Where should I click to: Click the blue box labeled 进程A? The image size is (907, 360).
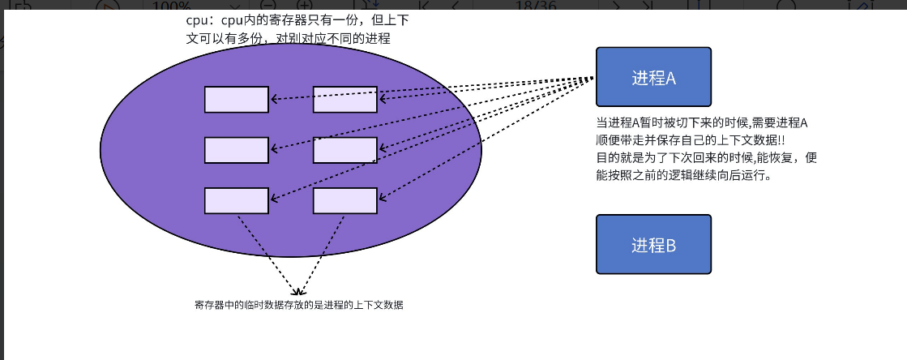[x=653, y=78]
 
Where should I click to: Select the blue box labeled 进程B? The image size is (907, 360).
[x=653, y=244]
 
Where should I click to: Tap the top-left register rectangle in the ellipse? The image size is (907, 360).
[x=236, y=99]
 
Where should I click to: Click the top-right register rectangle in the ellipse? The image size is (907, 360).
[x=344, y=99]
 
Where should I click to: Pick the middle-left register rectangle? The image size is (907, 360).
[x=236, y=150]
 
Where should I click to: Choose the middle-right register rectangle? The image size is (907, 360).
[x=344, y=150]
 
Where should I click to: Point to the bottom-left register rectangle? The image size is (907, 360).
[x=236, y=200]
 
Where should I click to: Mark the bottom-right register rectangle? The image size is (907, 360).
[x=344, y=200]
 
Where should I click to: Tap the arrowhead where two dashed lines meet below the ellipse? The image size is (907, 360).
[x=298, y=292]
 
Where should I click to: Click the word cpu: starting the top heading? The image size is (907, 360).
[x=199, y=21]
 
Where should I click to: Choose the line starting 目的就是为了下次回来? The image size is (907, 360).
[x=706, y=157]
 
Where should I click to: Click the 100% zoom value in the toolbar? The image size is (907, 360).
[x=173, y=6]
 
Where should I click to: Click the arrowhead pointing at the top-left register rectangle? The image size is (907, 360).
[x=274, y=99]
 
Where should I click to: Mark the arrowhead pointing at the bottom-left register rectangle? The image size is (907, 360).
[x=274, y=199]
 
